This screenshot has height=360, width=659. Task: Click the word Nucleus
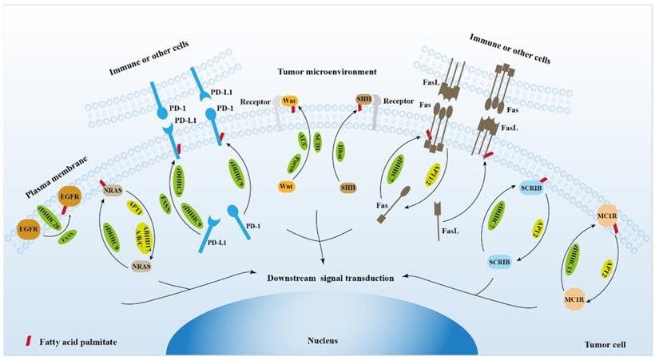[323, 340]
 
